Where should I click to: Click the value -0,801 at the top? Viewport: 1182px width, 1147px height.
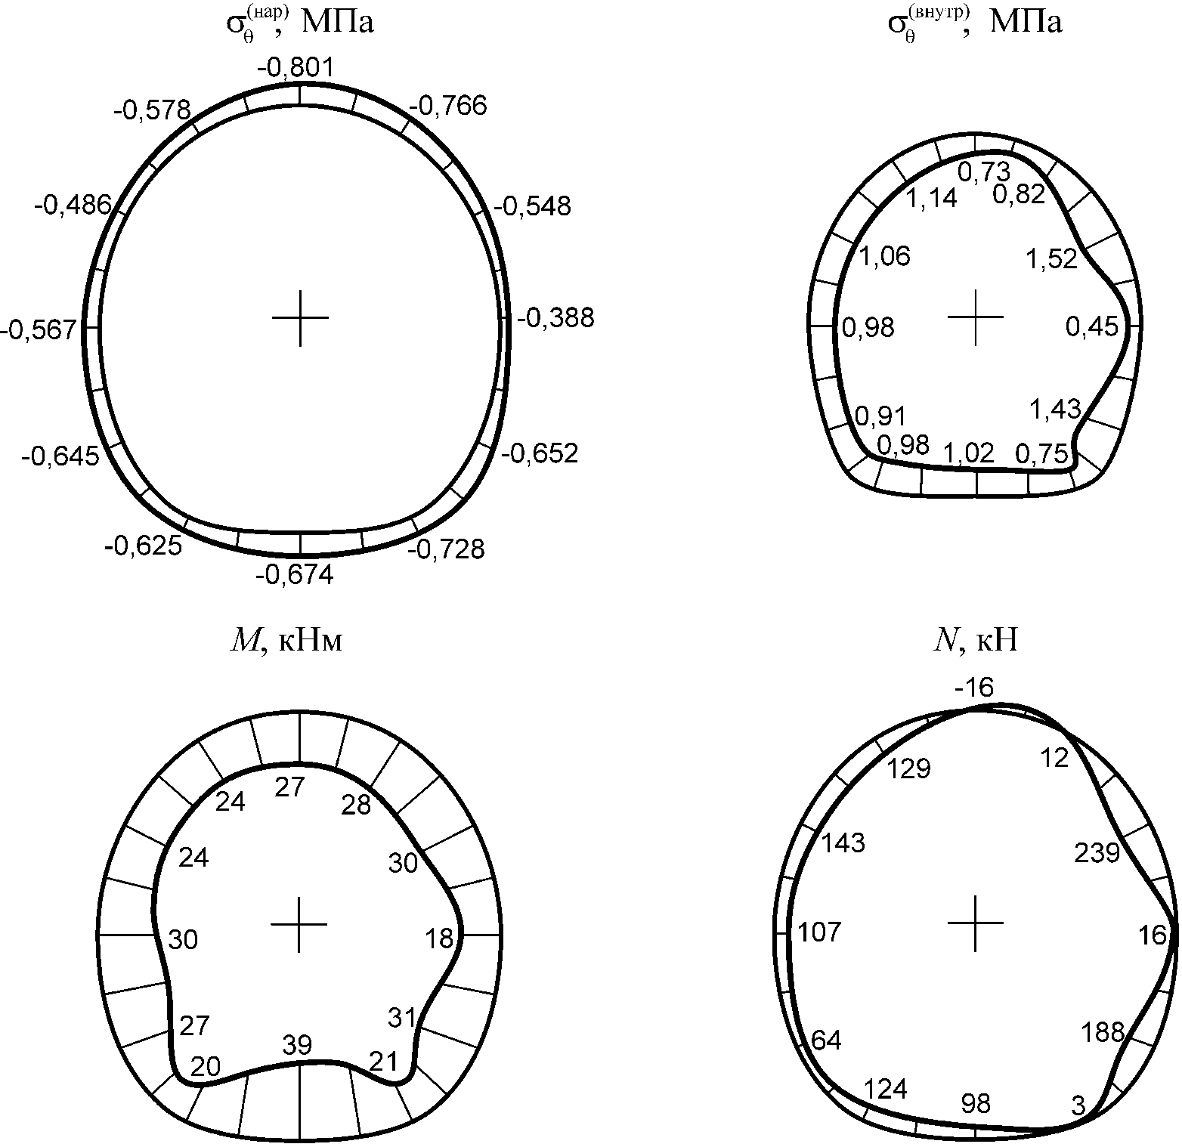[x=295, y=69]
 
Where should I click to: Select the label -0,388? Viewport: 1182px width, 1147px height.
[x=555, y=318]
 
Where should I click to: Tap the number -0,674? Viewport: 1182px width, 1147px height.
[x=295, y=575]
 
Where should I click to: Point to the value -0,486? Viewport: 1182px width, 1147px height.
[x=73, y=205]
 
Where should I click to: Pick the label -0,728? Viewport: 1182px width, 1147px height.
[x=446, y=549]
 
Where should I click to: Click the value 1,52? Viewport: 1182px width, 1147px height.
[x=1051, y=259]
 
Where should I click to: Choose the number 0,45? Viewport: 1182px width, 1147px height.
[x=1091, y=326]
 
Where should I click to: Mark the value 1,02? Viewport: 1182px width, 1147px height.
[x=970, y=453]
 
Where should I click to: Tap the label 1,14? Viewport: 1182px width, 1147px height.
[x=932, y=198]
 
